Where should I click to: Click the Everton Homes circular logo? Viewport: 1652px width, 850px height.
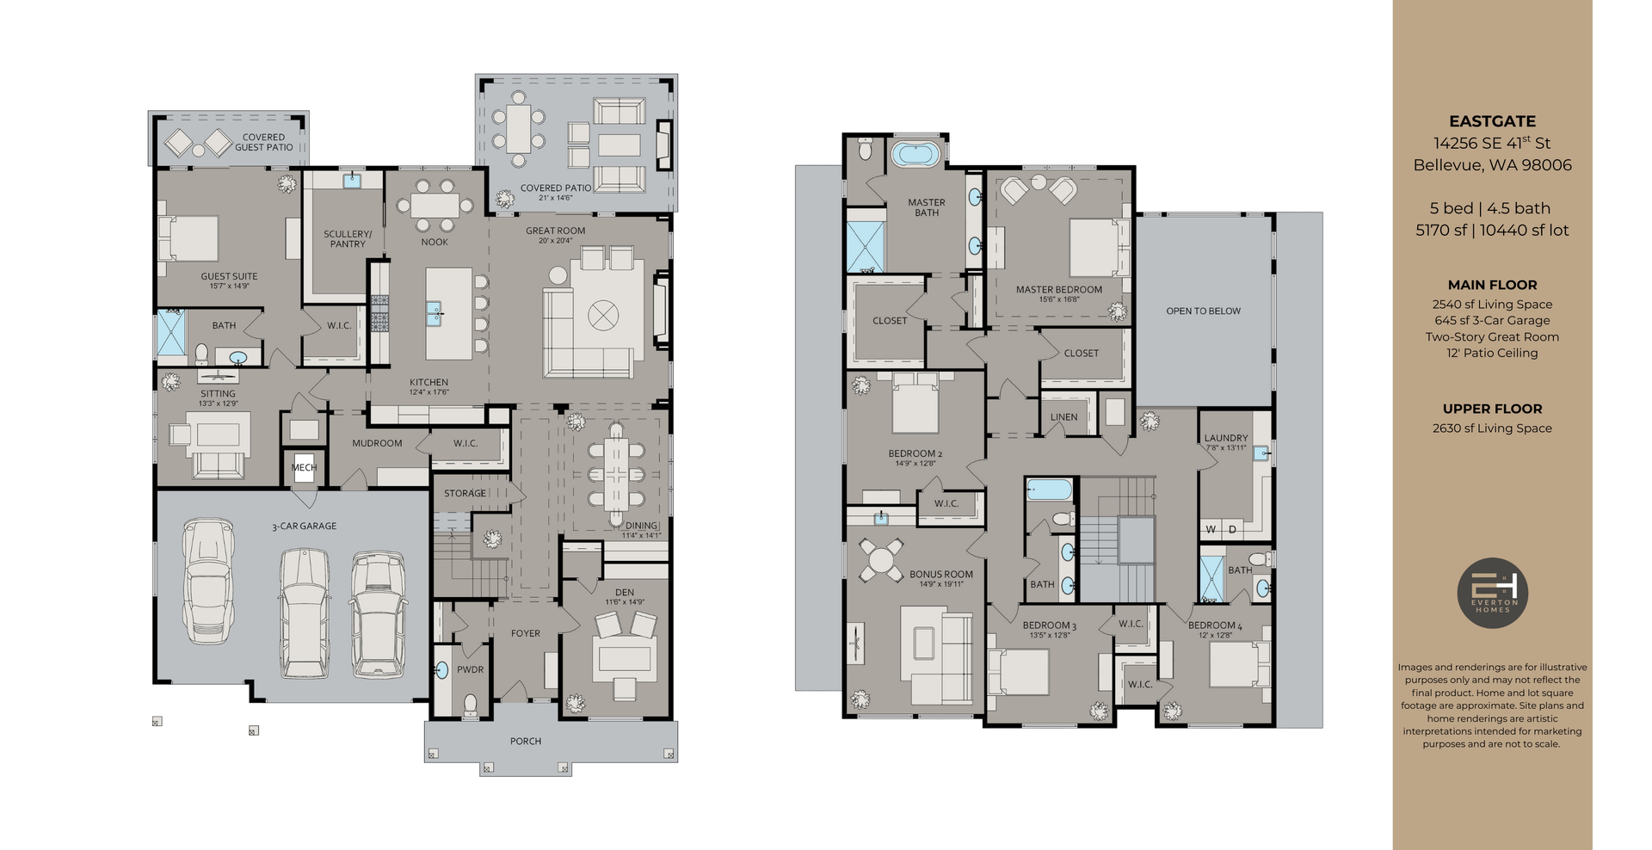coord(1492,593)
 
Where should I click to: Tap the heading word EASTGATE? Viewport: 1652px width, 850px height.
coord(1492,121)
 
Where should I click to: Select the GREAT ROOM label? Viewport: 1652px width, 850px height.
coord(555,231)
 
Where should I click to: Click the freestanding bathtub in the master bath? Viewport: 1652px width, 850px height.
coord(915,155)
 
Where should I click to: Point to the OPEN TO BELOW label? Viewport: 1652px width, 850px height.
coord(1203,311)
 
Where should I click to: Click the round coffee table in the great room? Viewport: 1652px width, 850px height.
coord(603,315)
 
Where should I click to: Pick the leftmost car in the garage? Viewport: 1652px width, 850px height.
coord(208,580)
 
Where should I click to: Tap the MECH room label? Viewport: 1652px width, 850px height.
coord(304,468)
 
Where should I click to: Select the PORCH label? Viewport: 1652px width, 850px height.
coord(525,741)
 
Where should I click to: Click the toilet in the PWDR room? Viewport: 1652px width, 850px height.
coord(470,705)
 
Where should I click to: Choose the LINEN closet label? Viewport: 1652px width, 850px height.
coord(1063,417)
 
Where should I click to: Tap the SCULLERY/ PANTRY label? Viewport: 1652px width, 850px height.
coord(348,238)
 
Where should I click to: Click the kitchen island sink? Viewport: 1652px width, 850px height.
coord(434,313)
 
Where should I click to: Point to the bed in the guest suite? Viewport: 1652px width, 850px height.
coord(189,238)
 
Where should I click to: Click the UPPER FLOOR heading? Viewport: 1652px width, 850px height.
coord(1492,409)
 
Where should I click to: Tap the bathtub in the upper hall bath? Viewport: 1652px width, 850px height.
coord(1049,490)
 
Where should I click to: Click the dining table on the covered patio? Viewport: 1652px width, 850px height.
coord(518,129)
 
